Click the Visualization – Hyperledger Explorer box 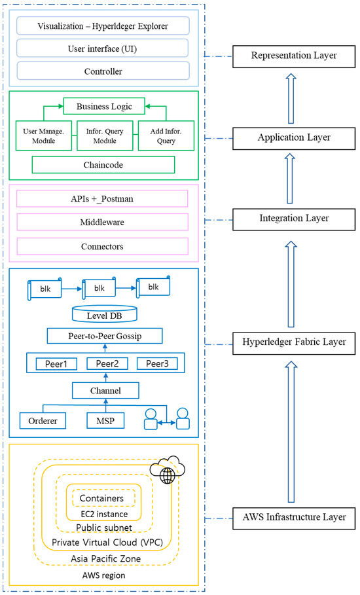click(102, 26)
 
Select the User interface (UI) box click(102, 48)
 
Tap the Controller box click(102, 70)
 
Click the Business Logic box click(102, 106)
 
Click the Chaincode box click(103, 164)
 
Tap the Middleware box click(102, 223)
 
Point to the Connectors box click(102, 246)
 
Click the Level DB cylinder click(105, 314)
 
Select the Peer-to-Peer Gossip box click(105, 336)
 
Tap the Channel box click(105, 391)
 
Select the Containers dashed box click(101, 498)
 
